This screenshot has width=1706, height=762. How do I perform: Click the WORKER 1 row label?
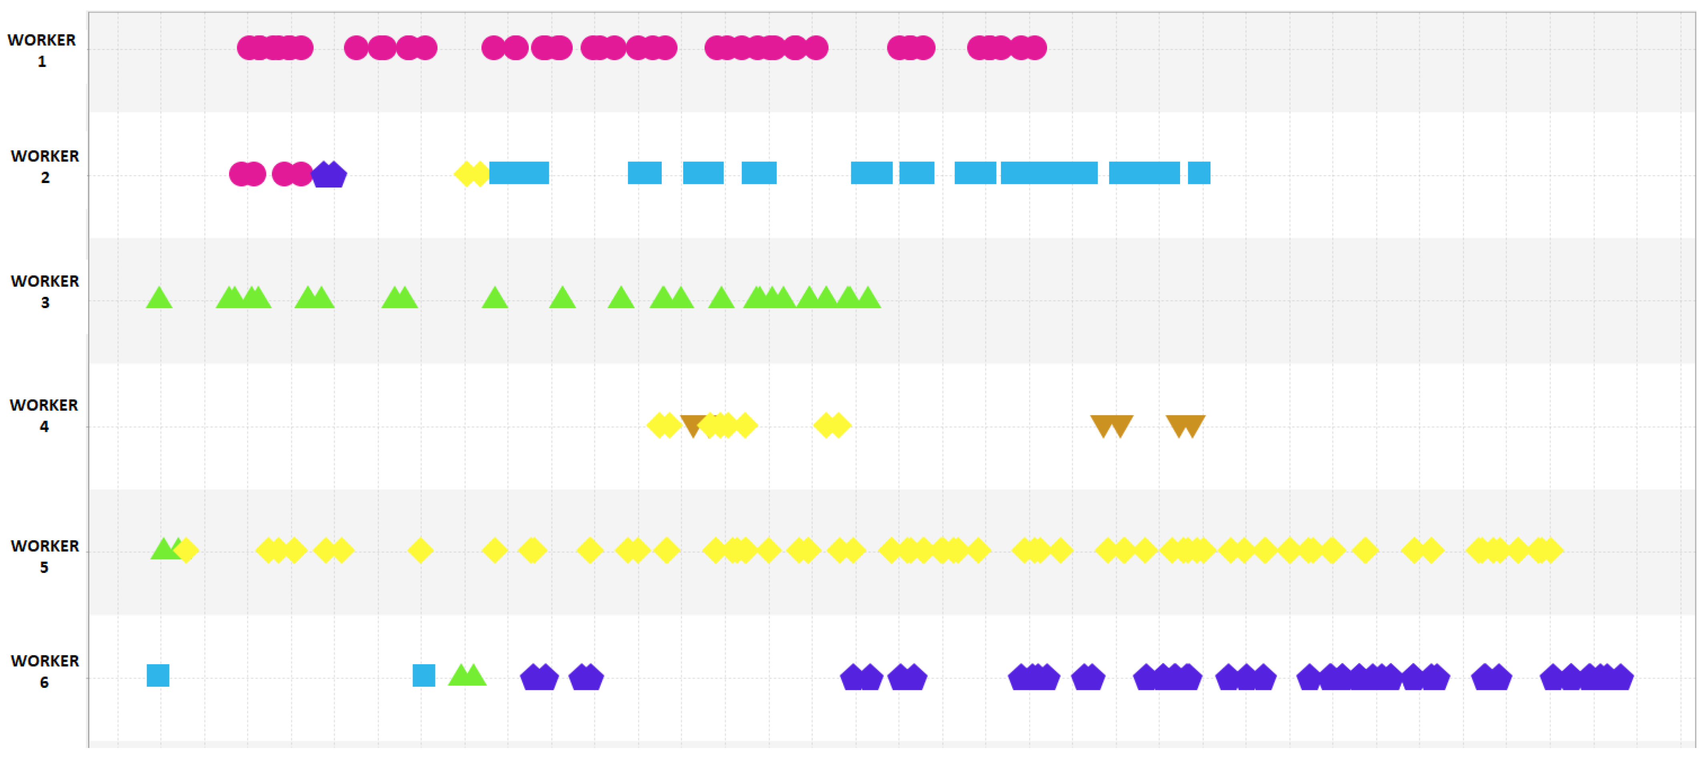42,50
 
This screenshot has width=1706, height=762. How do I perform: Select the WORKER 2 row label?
44,166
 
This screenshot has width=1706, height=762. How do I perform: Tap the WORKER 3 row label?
44,292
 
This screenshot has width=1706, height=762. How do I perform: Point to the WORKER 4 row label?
44,415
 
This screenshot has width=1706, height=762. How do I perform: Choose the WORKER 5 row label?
44,556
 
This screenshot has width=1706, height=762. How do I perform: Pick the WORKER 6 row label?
44,671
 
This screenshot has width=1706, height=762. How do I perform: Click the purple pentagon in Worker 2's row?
329,175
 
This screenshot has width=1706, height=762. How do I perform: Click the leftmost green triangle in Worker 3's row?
159,298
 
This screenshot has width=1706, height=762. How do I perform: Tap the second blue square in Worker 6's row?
424,675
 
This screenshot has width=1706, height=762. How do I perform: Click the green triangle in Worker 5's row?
163,549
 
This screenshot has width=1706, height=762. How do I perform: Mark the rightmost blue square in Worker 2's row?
1199,173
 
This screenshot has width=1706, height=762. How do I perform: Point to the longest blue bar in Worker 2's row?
1049,173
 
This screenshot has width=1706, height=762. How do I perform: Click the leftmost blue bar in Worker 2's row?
519,173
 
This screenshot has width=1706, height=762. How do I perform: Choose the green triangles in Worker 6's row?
467,675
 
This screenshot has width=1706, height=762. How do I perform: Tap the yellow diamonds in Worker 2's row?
471,173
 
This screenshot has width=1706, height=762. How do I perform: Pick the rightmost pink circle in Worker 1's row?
1035,48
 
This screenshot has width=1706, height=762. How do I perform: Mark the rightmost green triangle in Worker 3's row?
868,298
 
